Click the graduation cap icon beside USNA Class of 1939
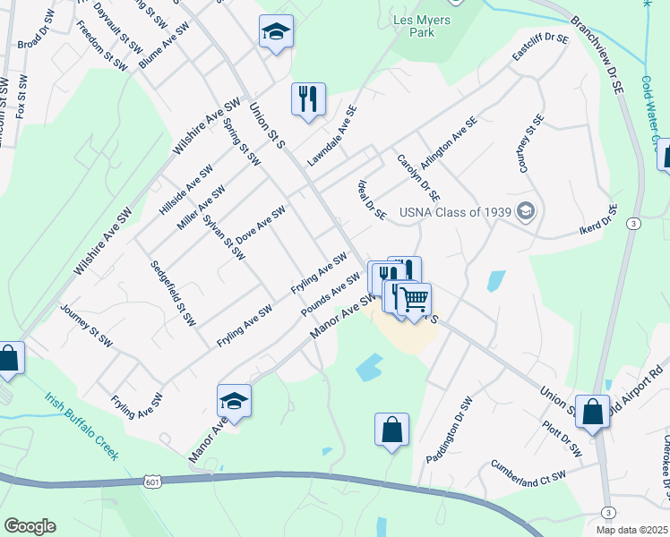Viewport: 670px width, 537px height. pyautogui.click(x=528, y=212)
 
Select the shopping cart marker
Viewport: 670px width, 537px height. pyautogui.click(x=413, y=299)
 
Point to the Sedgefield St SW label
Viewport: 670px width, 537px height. pyautogui.click(x=173, y=294)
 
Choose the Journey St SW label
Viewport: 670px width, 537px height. pyautogui.click(x=86, y=326)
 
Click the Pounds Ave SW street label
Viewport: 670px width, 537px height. pyautogui.click(x=331, y=294)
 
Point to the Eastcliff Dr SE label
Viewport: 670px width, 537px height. pyautogui.click(x=540, y=52)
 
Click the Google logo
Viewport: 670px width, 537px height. pyautogui.click(x=30, y=526)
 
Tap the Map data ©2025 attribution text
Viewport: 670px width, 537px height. pyautogui.click(x=631, y=530)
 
